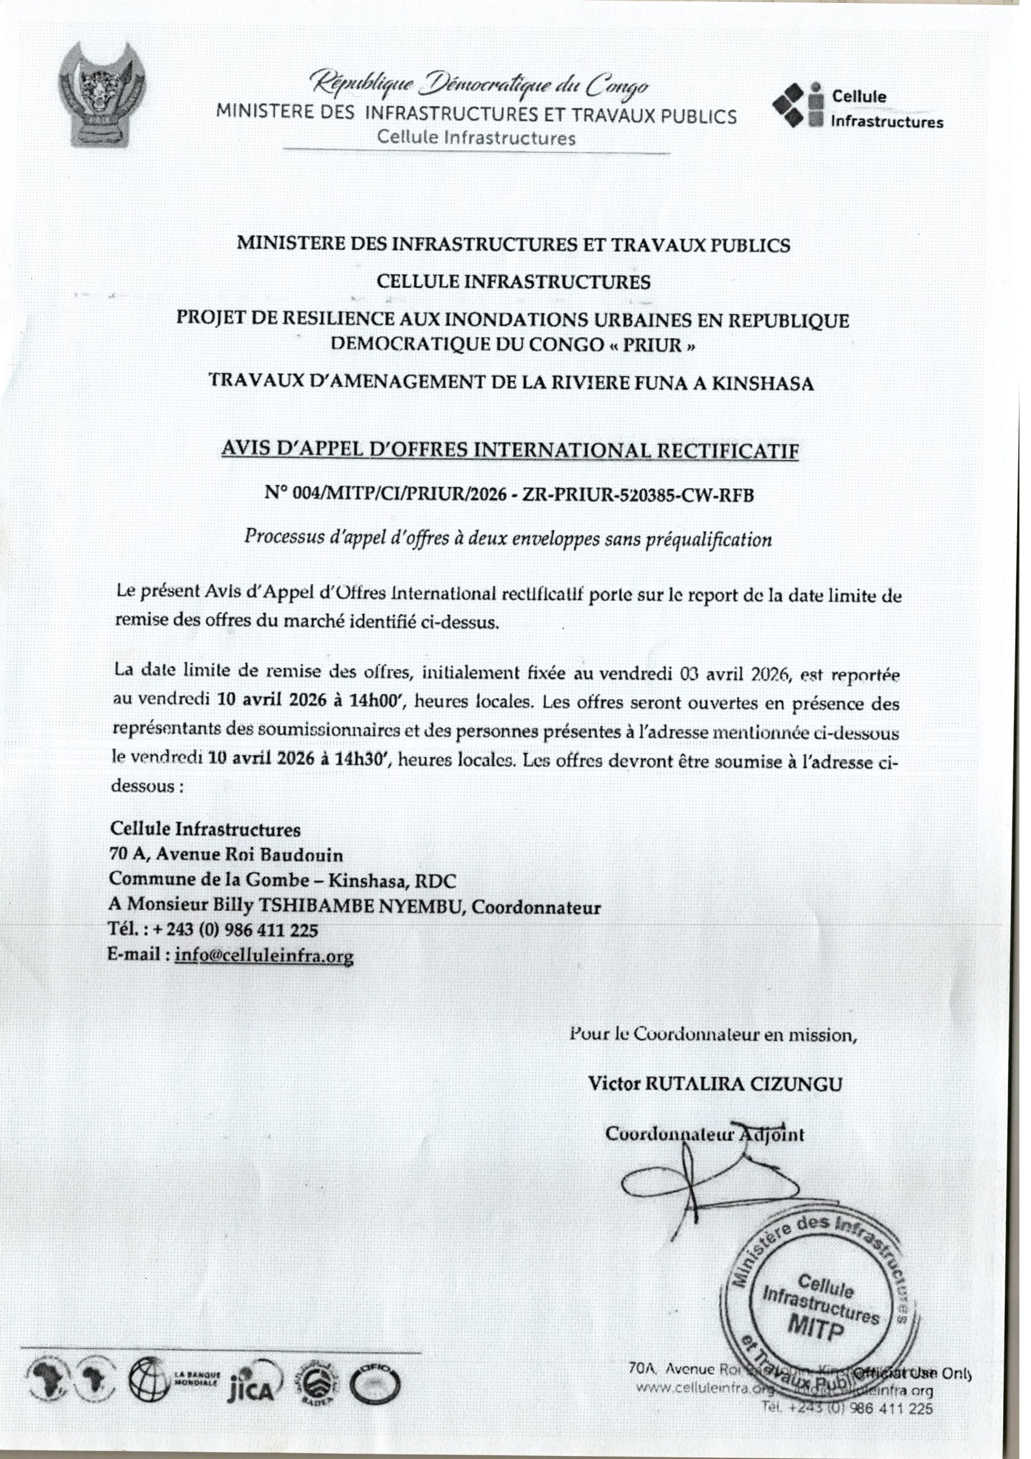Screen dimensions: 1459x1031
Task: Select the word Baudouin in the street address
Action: click(x=305, y=855)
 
